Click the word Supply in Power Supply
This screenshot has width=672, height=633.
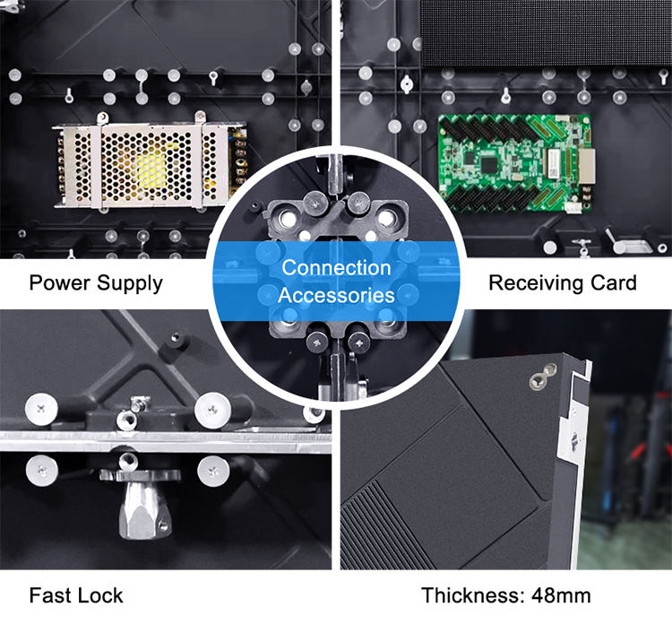[130, 284]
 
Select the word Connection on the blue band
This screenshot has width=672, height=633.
[336, 268]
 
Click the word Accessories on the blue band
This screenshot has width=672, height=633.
[336, 294]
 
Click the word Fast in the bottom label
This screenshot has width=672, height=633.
[47, 594]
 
